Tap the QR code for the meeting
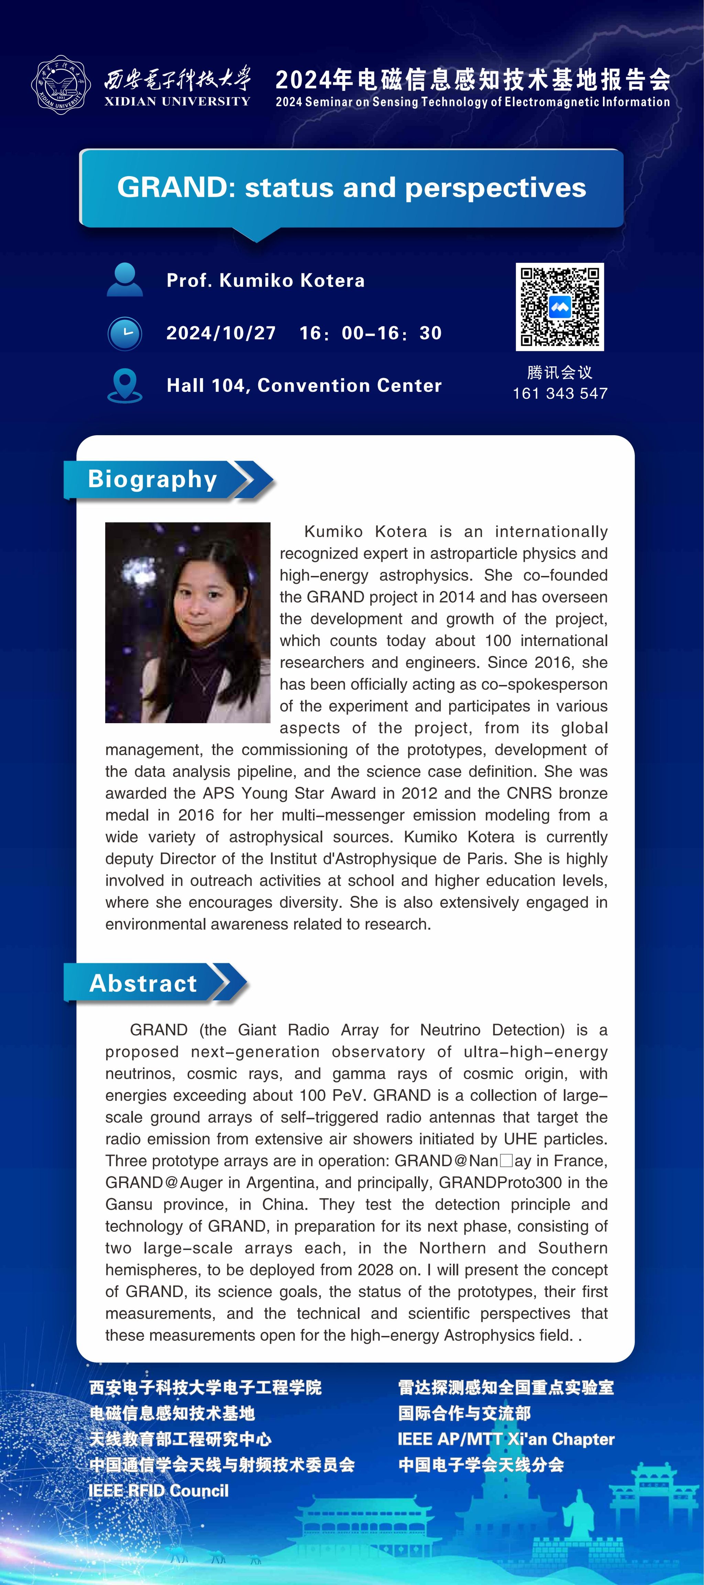pyautogui.click(x=560, y=307)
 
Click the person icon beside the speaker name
pyautogui.click(x=125, y=280)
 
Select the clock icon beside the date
pyautogui.click(x=125, y=333)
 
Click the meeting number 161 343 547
pyautogui.click(x=560, y=394)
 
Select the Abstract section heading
pyautogui.click(x=143, y=983)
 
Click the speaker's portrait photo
pyautogui.click(x=188, y=622)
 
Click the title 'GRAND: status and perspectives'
pyautogui.click(x=352, y=188)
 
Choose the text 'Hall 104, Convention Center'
pyautogui.click(x=304, y=386)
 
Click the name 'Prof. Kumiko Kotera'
pyautogui.click(x=266, y=281)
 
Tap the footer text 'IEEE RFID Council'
pyautogui.click(x=158, y=1490)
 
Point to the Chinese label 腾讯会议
pyautogui.click(x=560, y=372)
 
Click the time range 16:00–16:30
pyautogui.click(x=371, y=333)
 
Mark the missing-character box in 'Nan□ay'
pyautogui.click(x=506, y=1161)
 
